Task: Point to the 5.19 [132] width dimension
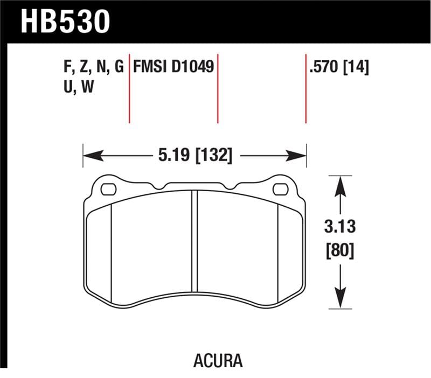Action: [195, 156]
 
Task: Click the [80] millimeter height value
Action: [340, 251]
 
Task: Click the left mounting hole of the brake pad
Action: [108, 189]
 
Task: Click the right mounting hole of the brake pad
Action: [280, 189]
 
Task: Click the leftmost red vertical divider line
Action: [129, 89]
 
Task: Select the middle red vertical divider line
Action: [218, 89]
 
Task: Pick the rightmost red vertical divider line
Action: [306, 89]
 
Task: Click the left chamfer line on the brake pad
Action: [111, 253]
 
